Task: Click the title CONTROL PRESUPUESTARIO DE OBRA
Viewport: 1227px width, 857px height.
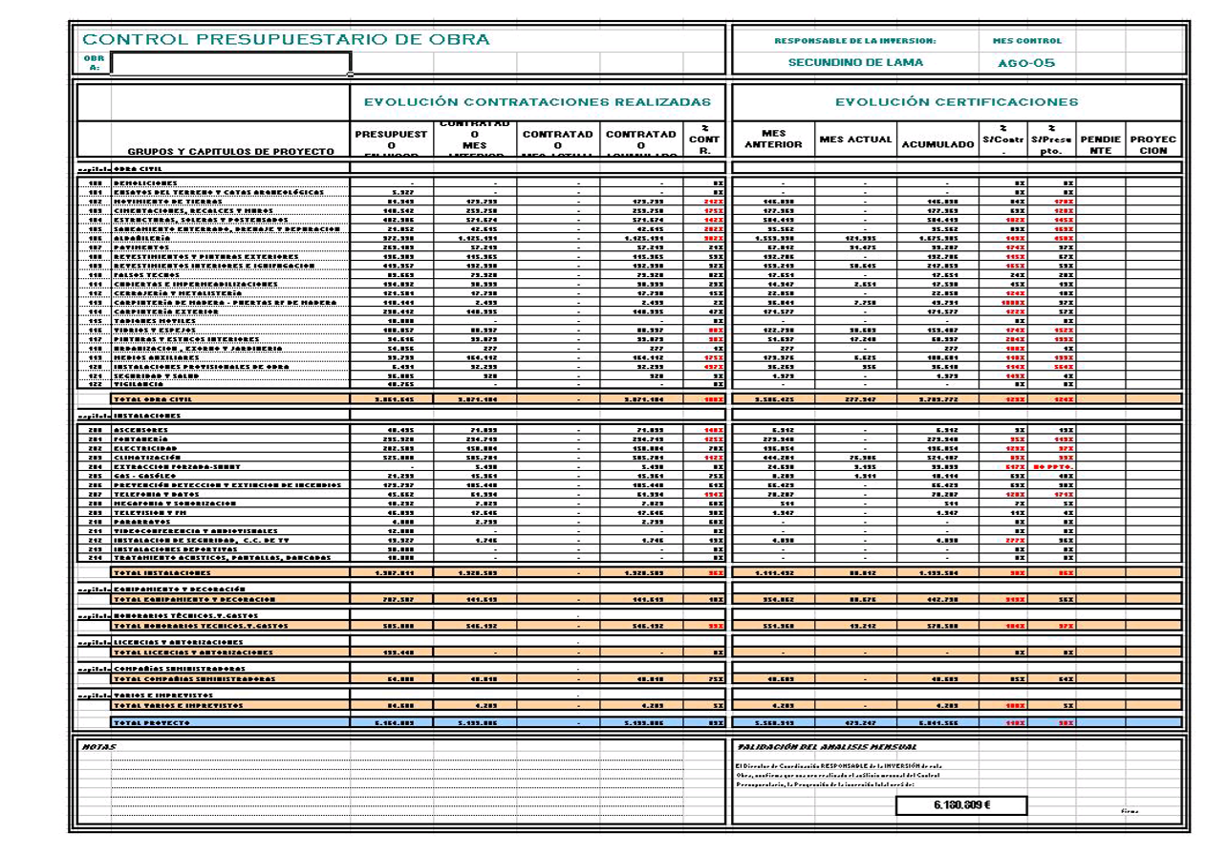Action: pyautogui.click(x=286, y=40)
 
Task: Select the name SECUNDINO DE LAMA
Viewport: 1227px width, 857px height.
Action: pyautogui.click(x=855, y=63)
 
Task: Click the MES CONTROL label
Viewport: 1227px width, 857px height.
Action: pyautogui.click(x=1020, y=41)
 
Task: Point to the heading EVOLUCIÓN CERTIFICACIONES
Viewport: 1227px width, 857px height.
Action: pyautogui.click(x=957, y=101)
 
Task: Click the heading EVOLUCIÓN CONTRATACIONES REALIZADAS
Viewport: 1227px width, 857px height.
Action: pyautogui.click(x=537, y=101)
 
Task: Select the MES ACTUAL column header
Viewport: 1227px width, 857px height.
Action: pyautogui.click(x=855, y=139)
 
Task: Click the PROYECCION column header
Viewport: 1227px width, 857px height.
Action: pyautogui.click(x=1153, y=144)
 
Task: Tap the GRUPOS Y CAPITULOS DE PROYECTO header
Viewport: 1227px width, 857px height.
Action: pyautogui.click(x=230, y=151)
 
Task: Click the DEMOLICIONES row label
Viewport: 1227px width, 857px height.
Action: pyautogui.click(x=144, y=182)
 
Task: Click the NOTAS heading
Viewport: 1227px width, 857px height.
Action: pyautogui.click(x=94, y=746)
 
